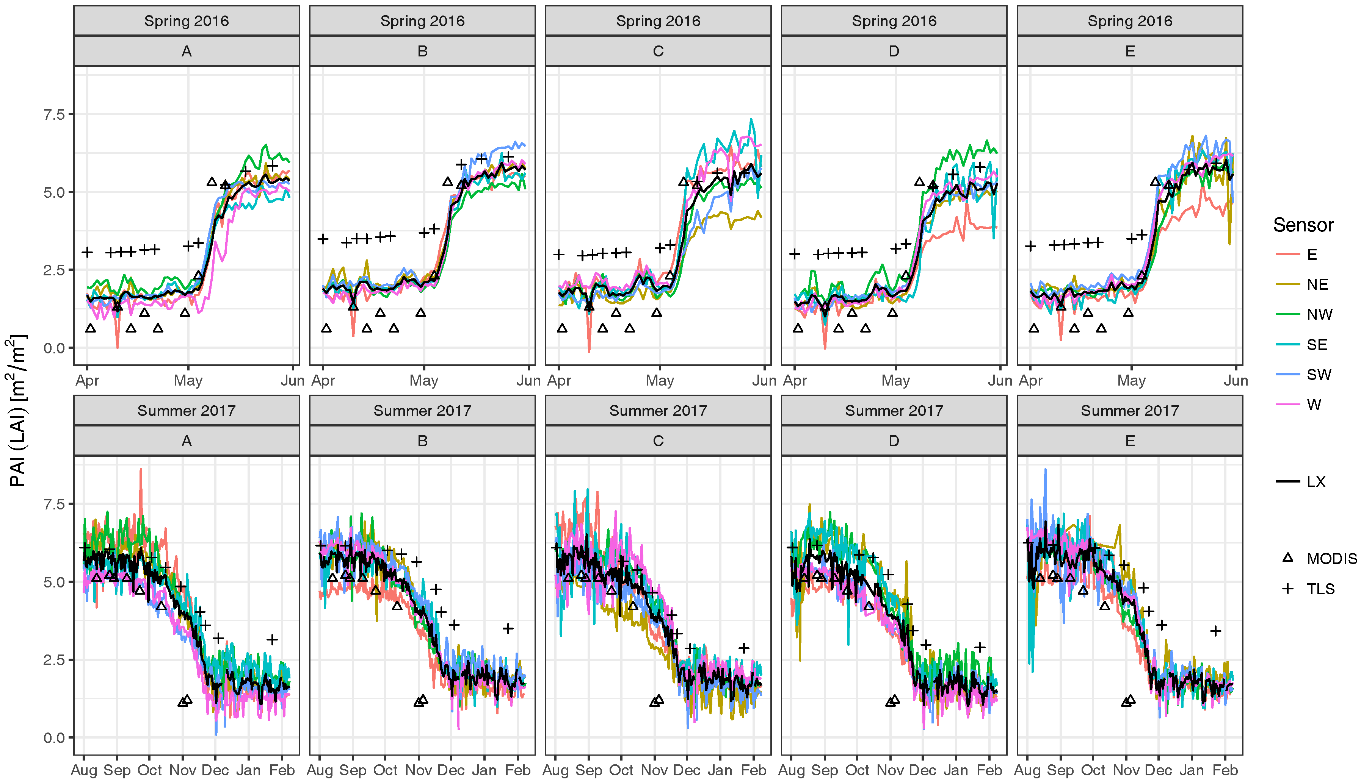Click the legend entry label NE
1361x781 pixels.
(x=1317, y=284)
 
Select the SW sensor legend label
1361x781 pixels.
(x=1319, y=375)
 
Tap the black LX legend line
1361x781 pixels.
(x=1288, y=482)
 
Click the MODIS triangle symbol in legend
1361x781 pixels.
(x=1287, y=558)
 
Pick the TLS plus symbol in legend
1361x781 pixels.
(x=1287, y=589)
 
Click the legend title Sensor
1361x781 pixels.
(x=1303, y=225)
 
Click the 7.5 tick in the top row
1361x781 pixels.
(x=54, y=114)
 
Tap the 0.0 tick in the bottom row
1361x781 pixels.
(x=54, y=737)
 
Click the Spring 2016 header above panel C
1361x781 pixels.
(x=658, y=21)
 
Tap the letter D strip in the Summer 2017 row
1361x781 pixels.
(x=894, y=441)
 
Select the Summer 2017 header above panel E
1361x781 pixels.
(x=1130, y=411)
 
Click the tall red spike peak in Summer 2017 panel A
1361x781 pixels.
(x=141, y=470)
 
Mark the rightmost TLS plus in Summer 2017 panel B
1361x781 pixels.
(x=508, y=628)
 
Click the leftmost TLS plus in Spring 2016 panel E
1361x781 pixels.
(x=1030, y=246)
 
